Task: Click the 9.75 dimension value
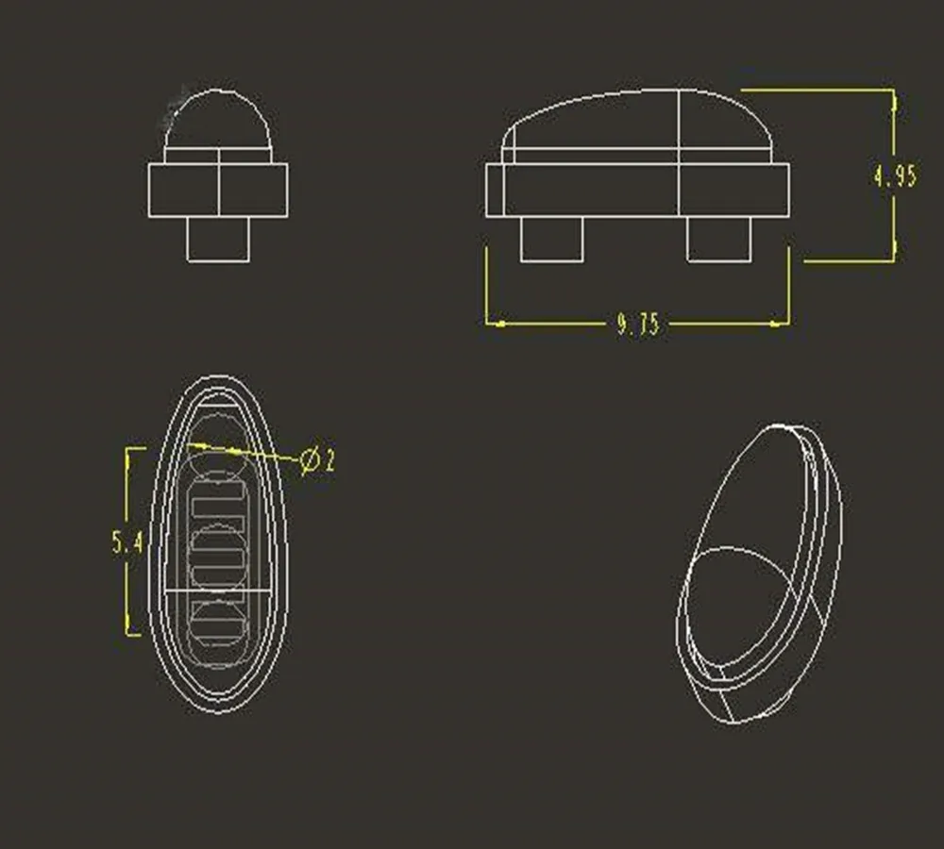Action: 638,325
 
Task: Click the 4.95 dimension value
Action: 894,176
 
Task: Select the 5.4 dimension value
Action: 126,542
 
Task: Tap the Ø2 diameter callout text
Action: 318,461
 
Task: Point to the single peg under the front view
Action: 218,240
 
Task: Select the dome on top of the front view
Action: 218,120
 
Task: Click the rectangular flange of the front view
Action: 218,190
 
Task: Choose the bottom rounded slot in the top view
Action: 219,619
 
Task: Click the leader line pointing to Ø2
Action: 255,452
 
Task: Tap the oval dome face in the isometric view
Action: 741,604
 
